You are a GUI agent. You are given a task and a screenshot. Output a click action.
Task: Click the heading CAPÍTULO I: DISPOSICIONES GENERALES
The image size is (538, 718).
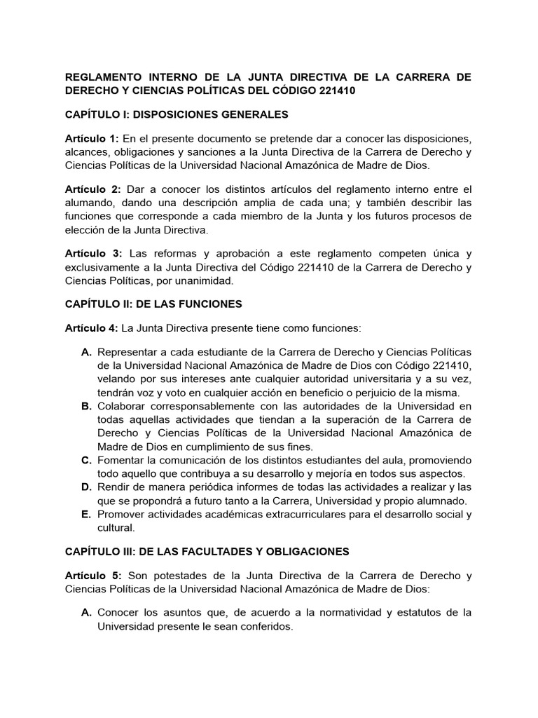point(177,114)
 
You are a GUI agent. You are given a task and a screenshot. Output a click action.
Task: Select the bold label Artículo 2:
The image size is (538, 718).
point(92,189)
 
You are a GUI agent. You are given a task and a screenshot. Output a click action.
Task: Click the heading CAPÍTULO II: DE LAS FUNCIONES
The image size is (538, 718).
point(153,304)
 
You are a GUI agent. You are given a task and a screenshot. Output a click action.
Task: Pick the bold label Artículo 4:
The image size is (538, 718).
point(92,327)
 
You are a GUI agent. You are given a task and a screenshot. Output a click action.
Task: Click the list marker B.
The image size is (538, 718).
point(87,406)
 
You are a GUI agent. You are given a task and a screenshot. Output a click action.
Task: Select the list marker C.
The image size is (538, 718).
point(87,460)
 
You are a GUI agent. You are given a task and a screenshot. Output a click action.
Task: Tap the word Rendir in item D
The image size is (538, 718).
point(115,487)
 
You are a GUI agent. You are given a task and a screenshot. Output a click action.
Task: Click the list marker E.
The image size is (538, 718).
point(87,514)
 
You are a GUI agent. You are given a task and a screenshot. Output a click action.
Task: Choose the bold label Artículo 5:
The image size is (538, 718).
point(92,576)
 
